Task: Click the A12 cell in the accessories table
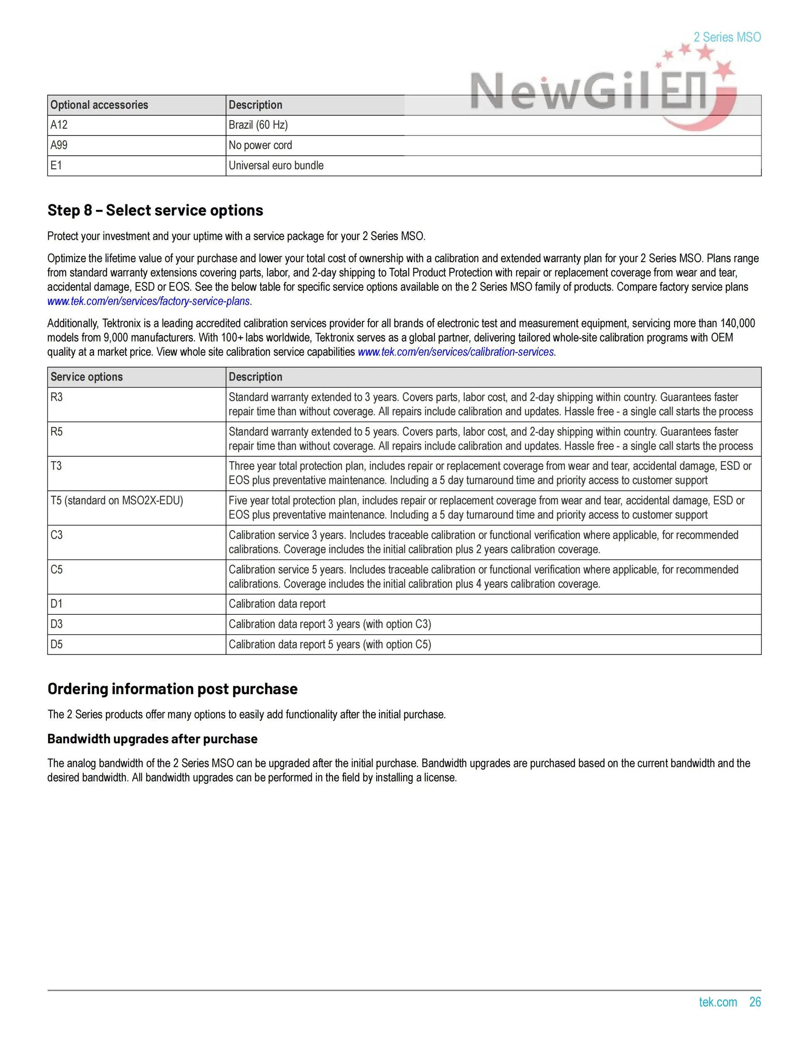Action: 59,125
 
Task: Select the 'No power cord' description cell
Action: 260,145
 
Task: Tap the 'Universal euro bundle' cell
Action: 276,165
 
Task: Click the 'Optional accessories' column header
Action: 99,105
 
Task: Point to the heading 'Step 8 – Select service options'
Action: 155,210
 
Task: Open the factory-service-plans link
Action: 148,301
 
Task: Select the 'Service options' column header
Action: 87,377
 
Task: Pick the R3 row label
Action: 57,397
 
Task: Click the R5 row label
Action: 57,432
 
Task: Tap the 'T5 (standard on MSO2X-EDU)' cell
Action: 117,501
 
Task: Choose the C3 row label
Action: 57,535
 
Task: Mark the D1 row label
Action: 57,604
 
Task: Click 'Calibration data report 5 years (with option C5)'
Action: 330,644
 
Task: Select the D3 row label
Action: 57,624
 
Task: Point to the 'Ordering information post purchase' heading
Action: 173,689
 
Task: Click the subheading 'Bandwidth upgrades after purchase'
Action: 153,739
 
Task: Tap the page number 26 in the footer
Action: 755,1002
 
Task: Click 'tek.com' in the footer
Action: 718,1002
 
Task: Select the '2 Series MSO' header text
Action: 727,37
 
